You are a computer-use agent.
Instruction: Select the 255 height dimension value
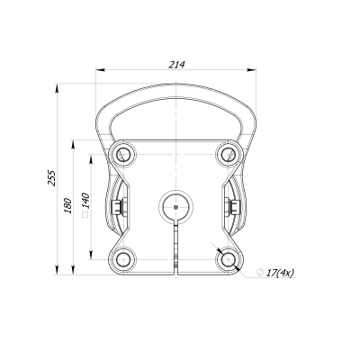pyautogui.click(x=52, y=177)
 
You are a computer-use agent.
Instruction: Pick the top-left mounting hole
pyautogui.click(x=122, y=154)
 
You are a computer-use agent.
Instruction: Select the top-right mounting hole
pyautogui.click(x=226, y=154)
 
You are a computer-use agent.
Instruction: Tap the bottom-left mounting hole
pyautogui.click(x=122, y=258)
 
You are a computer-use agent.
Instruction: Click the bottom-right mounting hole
pyautogui.click(x=226, y=258)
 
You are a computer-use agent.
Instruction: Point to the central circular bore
pyautogui.click(x=175, y=206)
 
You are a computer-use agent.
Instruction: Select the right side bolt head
pyautogui.click(x=233, y=207)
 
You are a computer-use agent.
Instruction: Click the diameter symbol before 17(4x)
pyautogui.click(x=259, y=272)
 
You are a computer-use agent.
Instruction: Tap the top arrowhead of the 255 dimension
pyautogui.click(x=59, y=85)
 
